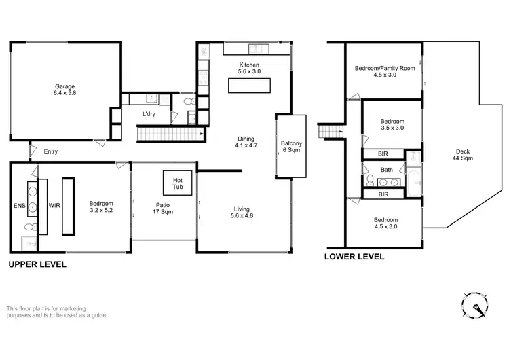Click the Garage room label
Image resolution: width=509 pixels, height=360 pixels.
coord(64,90)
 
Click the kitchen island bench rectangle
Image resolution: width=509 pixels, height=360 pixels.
coord(248,86)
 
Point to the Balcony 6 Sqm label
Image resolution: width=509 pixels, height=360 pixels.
coord(292,147)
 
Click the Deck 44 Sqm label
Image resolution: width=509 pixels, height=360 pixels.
coord(464,154)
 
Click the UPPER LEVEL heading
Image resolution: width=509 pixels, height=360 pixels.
coord(37,264)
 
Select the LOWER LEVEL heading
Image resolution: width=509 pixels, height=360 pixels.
coord(354,257)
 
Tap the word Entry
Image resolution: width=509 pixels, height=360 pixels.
coord(51,151)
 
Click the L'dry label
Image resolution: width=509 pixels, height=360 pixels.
coord(149,114)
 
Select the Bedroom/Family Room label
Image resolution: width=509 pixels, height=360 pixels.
coord(385,72)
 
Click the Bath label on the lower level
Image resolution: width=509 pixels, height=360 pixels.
coord(387,170)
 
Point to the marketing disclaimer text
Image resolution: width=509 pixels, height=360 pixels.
coord(57,311)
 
